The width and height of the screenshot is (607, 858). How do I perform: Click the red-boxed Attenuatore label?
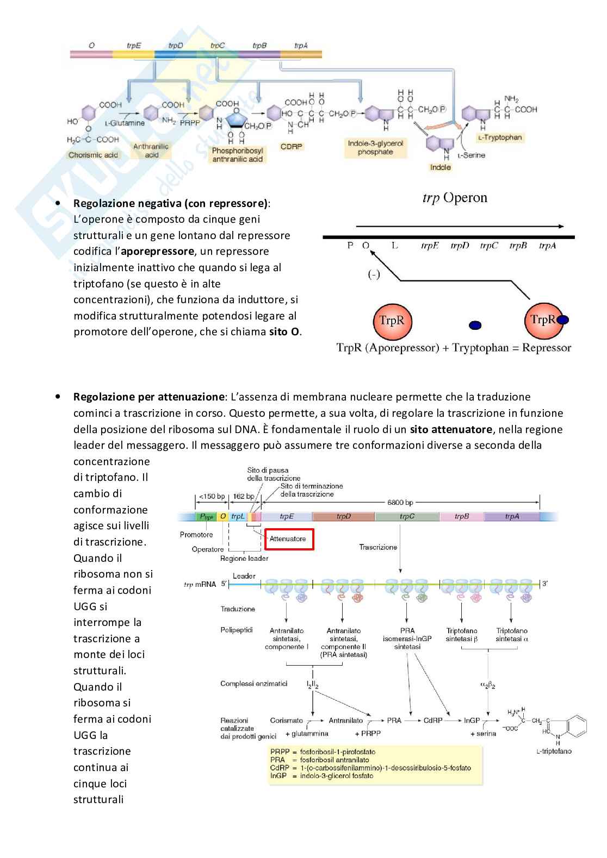coord(288,539)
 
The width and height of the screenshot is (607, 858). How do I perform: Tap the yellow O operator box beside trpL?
coord(223,517)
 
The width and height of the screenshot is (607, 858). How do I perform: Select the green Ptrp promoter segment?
coord(206,517)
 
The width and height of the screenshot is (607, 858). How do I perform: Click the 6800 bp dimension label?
coord(400,502)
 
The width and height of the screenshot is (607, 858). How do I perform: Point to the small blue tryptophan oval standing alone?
coord(475,325)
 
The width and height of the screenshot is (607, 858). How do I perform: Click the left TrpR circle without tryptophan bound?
coord(392,321)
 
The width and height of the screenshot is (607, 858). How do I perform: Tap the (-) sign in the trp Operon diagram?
coord(374,275)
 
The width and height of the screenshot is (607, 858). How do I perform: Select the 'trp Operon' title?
coord(455,198)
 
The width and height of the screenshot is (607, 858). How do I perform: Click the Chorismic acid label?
coord(93,155)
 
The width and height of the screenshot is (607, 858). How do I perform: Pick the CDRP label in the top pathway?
coord(291,147)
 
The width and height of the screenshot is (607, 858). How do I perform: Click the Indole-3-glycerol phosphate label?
coord(375,148)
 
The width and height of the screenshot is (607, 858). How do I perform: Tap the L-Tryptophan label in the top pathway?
coord(499,137)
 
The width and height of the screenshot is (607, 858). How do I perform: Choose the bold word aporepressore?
coord(157,252)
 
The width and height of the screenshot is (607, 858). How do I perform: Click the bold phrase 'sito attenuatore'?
coord(451,429)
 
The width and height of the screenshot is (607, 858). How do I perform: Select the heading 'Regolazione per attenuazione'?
coord(149,397)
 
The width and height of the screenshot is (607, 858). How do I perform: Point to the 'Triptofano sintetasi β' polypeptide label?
coord(462,635)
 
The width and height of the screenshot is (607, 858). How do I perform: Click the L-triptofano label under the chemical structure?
coord(554,751)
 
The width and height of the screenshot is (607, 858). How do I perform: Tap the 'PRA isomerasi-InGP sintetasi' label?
coord(407,638)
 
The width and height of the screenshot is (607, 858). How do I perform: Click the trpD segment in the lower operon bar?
coord(343,517)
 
